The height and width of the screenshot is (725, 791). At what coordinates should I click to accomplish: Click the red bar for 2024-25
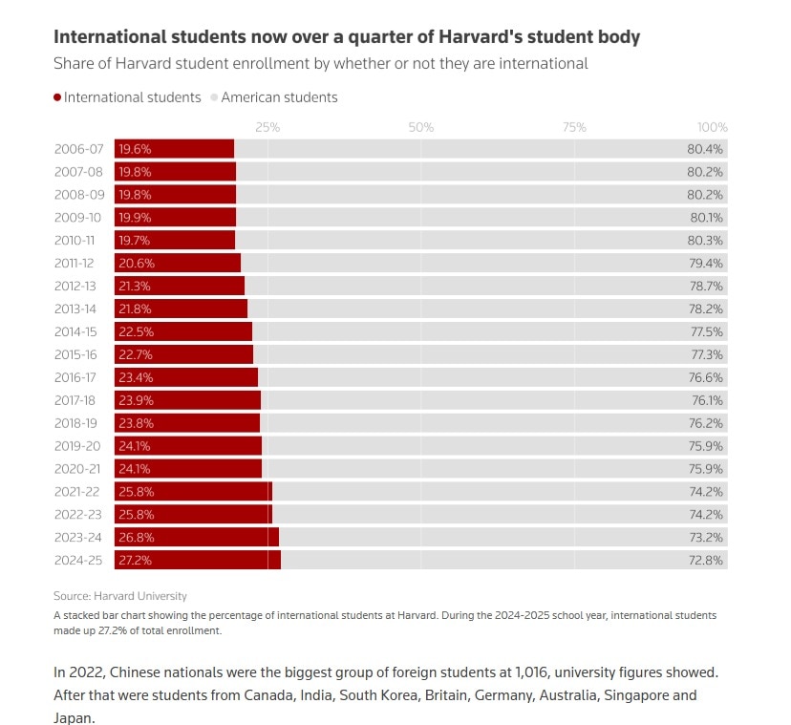[198, 560]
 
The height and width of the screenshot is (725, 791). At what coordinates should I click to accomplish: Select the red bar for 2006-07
[175, 149]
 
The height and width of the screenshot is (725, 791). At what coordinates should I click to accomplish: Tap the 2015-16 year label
[76, 354]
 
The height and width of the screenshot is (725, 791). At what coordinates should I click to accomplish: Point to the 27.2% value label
[135, 560]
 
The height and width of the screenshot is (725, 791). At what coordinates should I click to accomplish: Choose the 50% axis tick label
[421, 127]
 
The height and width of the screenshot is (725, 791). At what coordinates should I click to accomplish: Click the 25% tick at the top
[267, 127]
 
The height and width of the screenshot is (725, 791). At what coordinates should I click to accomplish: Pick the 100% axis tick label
[712, 127]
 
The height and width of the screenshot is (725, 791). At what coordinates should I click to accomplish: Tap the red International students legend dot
[57, 97]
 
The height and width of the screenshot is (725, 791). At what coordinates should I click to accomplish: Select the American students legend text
[279, 97]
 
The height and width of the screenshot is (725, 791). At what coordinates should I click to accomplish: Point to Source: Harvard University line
[120, 595]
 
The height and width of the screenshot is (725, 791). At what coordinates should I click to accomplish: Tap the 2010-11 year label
[76, 240]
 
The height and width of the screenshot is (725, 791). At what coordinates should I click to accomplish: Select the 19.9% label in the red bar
[135, 217]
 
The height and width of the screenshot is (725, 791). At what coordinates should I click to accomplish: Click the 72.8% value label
[707, 560]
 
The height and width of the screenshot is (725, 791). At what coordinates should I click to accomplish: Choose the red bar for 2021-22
[193, 491]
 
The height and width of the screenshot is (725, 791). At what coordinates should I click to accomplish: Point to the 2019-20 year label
[76, 445]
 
